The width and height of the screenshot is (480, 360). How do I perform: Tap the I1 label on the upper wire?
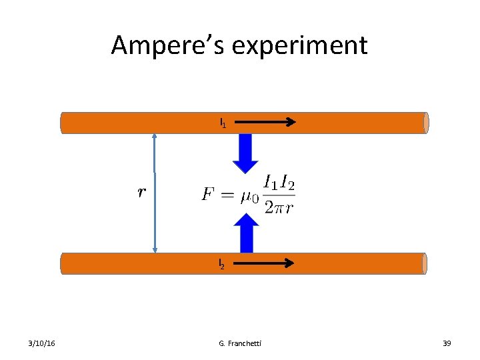(x=223, y=123)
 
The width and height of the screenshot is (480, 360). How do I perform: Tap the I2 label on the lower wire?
(x=223, y=265)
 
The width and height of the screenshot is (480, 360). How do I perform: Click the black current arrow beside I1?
(x=265, y=122)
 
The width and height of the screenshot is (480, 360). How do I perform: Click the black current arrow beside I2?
(x=263, y=263)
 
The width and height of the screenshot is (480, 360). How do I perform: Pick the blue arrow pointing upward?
(x=247, y=233)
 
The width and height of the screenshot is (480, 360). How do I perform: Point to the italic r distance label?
(x=141, y=193)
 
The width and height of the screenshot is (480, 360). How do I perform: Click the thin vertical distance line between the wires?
(x=155, y=193)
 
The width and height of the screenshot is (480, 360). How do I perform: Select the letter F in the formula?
(x=208, y=194)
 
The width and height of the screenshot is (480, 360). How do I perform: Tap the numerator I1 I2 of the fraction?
(x=279, y=181)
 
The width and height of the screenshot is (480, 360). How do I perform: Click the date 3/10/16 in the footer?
(x=42, y=343)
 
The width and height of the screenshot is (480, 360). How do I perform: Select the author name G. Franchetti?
(x=240, y=343)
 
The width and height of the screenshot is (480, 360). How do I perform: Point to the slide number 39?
(x=447, y=343)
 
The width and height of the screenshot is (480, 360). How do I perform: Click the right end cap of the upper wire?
(x=425, y=123)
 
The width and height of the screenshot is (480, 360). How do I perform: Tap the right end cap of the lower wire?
(x=423, y=263)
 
